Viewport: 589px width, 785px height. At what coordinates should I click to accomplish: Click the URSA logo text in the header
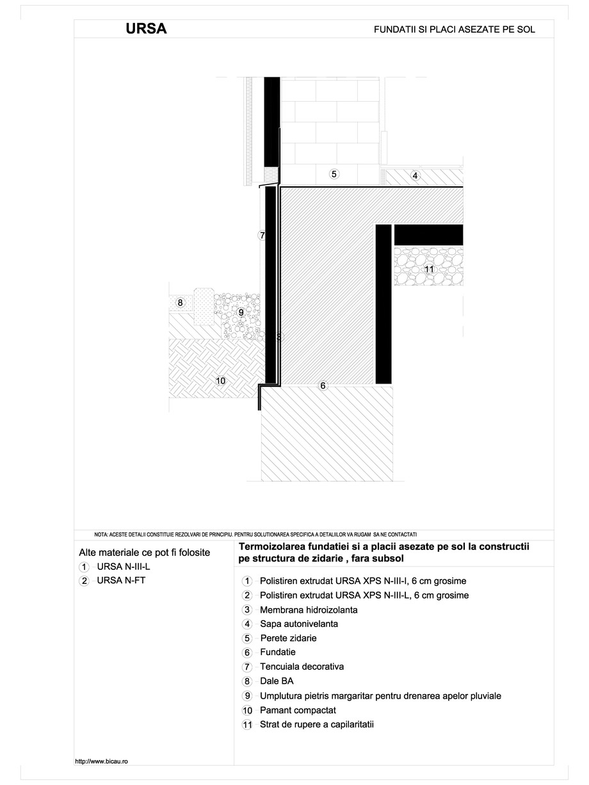[x=146, y=29]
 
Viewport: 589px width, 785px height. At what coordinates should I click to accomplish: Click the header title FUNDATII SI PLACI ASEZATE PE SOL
[x=455, y=29]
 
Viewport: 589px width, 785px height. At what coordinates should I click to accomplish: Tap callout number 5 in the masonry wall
[x=334, y=174]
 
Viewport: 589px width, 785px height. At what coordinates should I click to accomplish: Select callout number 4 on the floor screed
[x=415, y=175]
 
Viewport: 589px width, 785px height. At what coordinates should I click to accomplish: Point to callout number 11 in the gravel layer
[x=429, y=270]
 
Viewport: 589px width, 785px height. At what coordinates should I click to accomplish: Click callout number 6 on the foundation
[x=323, y=385]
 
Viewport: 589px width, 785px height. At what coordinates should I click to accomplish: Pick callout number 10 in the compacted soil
[x=221, y=381]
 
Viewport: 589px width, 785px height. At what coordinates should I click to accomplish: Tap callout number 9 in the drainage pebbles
[x=241, y=312]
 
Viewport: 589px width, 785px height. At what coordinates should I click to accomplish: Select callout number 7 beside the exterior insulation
[x=262, y=236]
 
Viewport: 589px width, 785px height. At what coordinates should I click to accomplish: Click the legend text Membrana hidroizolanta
[x=309, y=610]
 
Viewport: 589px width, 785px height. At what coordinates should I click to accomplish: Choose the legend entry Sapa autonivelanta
[x=299, y=624]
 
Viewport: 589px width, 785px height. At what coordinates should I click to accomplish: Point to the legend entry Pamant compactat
[x=298, y=711]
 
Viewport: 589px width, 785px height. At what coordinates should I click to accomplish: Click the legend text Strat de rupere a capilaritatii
[x=316, y=725]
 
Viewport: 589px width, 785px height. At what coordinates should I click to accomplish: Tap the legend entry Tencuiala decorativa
[x=302, y=667]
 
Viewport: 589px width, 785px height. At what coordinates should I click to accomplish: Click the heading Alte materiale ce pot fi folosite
[x=144, y=552]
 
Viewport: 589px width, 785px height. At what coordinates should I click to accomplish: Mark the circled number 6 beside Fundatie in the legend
[x=247, y=653]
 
